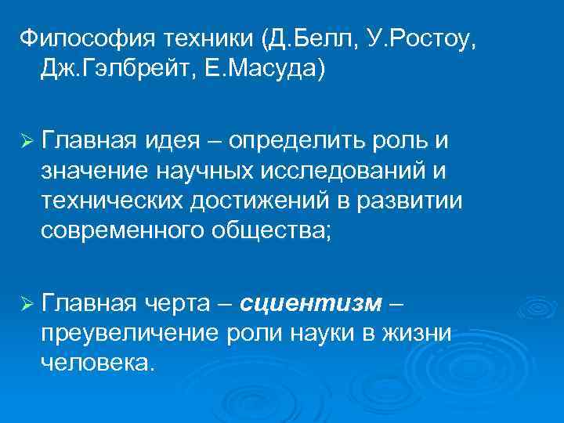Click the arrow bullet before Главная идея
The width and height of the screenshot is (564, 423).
coord(26,140)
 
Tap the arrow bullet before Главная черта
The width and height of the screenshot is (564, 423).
coord(26,302)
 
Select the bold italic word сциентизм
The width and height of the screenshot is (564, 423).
coord(312,302)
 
